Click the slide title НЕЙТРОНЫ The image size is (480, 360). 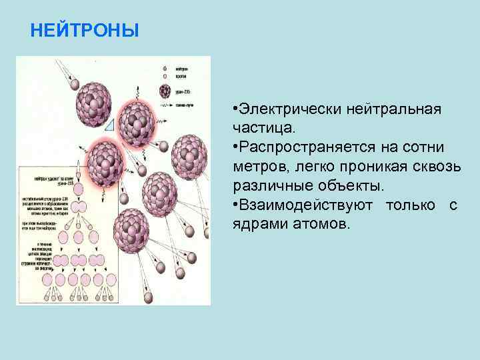(x=85, y=31)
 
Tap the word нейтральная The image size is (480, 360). (x=397, y=109)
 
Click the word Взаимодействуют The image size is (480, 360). (x=307, y=204)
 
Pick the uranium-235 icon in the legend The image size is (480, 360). (x=165, y=92)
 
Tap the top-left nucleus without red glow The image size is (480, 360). (x=93, y=105)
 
